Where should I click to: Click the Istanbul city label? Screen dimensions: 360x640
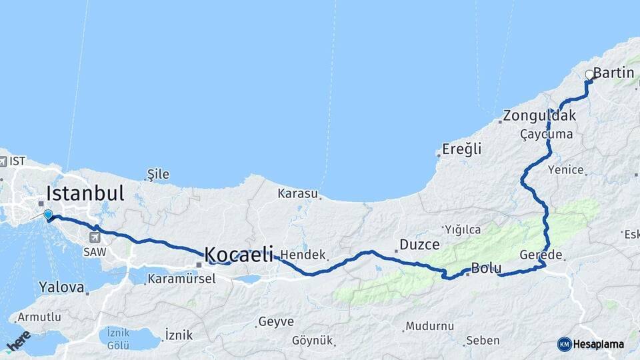[85, 194]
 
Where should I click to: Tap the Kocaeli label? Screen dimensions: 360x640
[239, 254]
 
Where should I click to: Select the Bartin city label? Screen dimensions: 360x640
[613, 73]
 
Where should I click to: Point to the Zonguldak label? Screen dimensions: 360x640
[539, 115]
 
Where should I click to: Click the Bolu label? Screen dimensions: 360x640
[486, 269]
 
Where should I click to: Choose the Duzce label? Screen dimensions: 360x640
[419, 244]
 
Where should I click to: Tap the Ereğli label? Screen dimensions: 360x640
[463, 149]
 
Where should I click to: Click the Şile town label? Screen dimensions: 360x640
[158, 175]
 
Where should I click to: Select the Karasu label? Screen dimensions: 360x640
[297, 193]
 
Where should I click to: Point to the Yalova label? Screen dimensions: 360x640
[61, 288]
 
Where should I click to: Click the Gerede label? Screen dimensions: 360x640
[541, 255]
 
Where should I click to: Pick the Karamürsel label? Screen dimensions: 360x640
[181, 279]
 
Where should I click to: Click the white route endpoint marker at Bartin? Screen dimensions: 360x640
[589, 75]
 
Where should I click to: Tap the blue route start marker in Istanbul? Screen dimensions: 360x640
[48, 214]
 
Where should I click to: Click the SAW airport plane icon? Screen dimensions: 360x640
[95, 237]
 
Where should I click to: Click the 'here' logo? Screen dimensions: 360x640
[18, 341]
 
